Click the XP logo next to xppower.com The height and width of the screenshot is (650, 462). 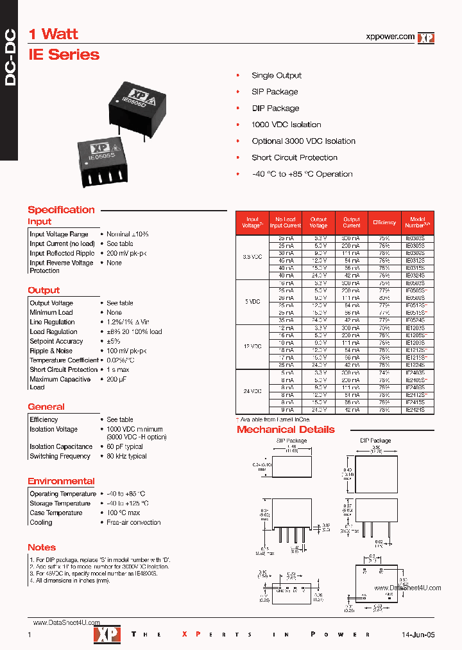(426, 38)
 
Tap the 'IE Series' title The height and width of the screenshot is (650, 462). (64, 55)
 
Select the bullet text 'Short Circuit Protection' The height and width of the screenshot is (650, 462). (295, 157)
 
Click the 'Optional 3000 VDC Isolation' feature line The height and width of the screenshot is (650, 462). (304, 141)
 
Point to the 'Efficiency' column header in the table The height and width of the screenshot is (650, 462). (384, 222)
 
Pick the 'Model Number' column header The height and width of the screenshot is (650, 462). (418, 222)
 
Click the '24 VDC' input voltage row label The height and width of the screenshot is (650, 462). (253, 391)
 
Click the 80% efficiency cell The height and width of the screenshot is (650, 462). (384, 297)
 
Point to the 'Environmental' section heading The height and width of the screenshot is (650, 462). (61, 481)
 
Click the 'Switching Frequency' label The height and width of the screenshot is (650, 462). (60, 456)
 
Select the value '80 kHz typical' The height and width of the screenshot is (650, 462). (126, 456)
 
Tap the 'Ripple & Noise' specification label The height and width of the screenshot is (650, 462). (51, 351)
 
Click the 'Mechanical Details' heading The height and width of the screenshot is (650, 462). (286, 429)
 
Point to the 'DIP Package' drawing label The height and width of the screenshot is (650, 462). (375, 441)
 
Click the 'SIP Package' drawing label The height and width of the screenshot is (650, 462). (291, 441)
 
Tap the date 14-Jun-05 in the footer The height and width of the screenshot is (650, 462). (418, 635)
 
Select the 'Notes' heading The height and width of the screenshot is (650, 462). (42, 547)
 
